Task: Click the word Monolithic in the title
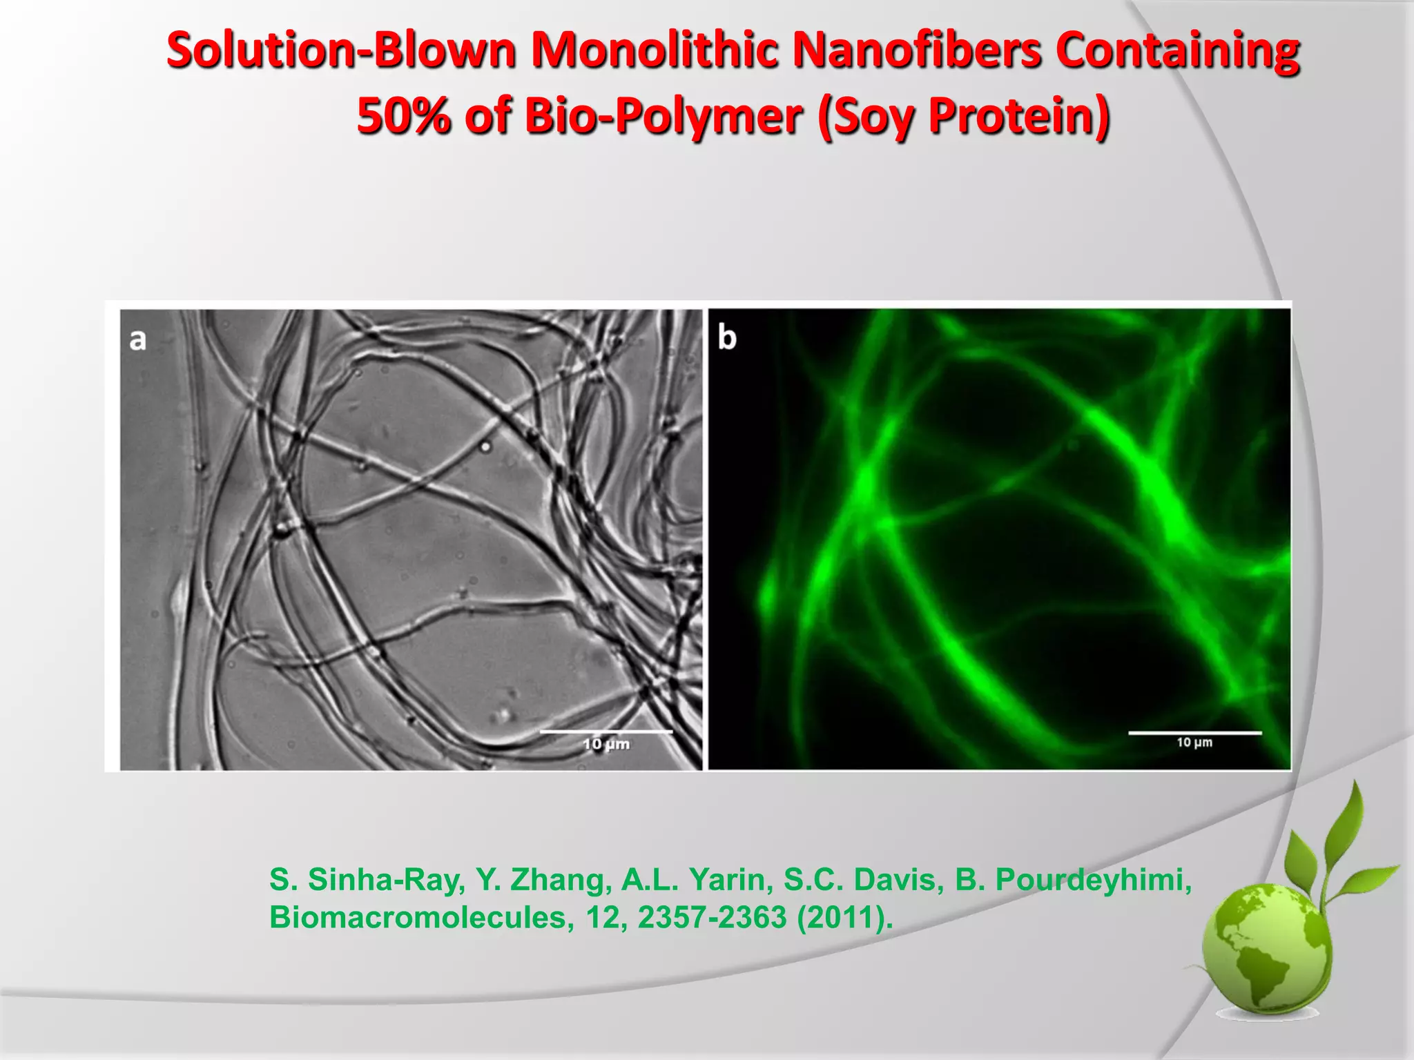tap(652, 52)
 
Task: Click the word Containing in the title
tap(1177, 52)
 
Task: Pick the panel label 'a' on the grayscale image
tap(138, 340)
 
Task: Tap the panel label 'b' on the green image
tap(727, 337)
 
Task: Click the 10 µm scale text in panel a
tap(606, 744)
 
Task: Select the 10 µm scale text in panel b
tap(1194, 743)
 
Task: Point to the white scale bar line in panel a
tap(606, 731)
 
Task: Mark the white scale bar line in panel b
tap(1194, 733)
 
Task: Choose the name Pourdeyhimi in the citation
tap(1094, 880)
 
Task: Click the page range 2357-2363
tap(712, 918)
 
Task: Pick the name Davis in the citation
tap(898, 880)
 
